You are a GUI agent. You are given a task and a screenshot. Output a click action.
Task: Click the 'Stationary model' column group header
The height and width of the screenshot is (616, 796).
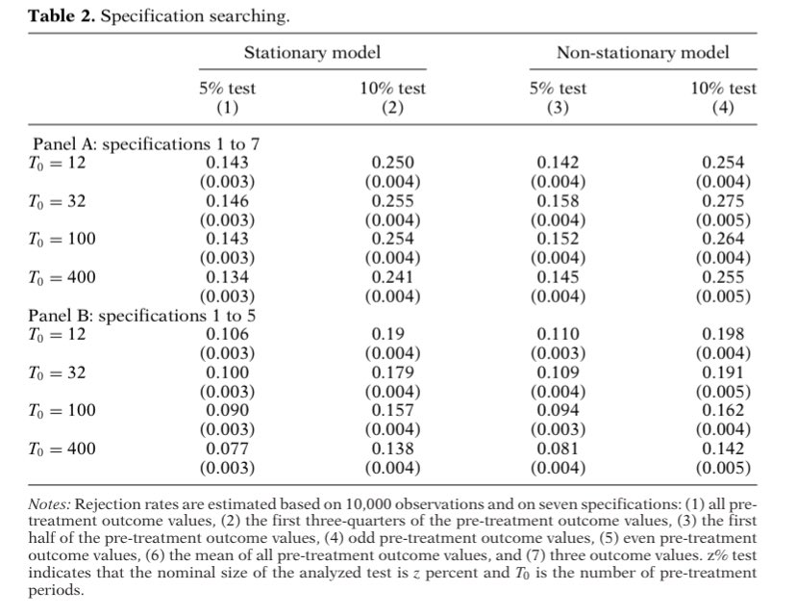pos(311,52)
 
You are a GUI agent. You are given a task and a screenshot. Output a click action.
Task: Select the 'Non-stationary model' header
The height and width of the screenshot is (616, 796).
pos(642,52)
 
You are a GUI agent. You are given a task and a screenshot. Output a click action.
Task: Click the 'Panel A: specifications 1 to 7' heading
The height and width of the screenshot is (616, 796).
pos(146,144)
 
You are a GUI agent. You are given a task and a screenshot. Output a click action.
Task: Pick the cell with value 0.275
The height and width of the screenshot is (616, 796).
pos(723,201)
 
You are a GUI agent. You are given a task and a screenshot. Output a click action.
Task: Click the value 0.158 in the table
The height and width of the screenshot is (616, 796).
pos(558,201)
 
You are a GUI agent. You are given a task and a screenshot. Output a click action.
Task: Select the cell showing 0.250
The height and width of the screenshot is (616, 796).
pos(392,164)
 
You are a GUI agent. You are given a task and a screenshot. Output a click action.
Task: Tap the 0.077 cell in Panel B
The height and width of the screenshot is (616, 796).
pos(227,448)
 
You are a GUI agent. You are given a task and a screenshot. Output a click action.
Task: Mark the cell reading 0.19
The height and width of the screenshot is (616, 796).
pos(392,334)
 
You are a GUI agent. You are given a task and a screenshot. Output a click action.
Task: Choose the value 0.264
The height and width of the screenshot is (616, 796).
pos(723,239)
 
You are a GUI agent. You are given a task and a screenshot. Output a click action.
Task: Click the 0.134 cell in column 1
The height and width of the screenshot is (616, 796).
pos(227,277)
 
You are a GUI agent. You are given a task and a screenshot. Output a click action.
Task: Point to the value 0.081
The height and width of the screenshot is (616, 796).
pos(558,448)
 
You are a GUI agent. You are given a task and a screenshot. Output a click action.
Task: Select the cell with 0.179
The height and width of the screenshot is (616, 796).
pos(392,372)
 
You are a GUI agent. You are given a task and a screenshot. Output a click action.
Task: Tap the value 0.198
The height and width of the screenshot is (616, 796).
pos(723,334)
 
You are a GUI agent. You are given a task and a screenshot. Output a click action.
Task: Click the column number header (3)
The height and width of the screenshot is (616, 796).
pos(558,107)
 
